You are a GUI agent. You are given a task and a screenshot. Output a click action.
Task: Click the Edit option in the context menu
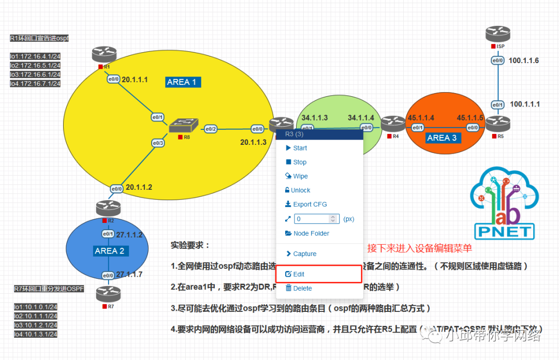(x=299, y=274)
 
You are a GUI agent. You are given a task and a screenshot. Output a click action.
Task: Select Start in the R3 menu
(x=300, y=148)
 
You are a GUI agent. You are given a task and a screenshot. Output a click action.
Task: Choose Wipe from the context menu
(x=300, y=176)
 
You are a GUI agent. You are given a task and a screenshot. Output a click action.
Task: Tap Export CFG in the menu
(x=310, y=204)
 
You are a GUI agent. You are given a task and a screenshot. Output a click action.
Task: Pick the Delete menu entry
(x=302, y=288)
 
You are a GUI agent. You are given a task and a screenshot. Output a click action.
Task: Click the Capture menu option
(x=304, y=254)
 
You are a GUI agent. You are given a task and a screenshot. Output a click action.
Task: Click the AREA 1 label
(x=182, y=82)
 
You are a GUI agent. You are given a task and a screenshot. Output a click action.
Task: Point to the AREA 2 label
(x=109, y=251)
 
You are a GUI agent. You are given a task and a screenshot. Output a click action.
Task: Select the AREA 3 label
(x=442, y=138)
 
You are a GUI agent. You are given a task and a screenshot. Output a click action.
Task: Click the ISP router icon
(x=498, y=35)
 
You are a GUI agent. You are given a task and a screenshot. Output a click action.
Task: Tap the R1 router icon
(x=105, y=55)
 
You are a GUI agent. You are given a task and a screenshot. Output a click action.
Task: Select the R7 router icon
(x=108, y=294)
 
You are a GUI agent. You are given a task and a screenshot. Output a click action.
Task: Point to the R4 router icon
(x=393, y=124)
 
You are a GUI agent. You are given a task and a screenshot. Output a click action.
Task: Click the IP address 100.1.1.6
(x=524, y=61)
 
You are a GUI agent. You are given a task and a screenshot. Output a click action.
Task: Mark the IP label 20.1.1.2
(x=139, y=187)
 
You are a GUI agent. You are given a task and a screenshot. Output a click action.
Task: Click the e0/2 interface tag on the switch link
(x=211, y=129)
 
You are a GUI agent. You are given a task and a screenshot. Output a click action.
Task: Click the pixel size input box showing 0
(x=316, y=219)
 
